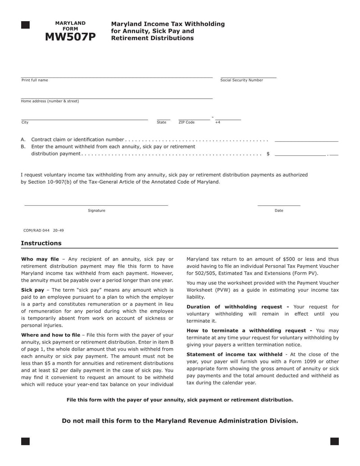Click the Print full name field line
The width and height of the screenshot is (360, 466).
pyautogui.click(x=117, y=77)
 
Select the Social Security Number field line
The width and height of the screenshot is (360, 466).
pyautogui.click(x=248, y=77)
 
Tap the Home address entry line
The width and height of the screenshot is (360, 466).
pyautogui.click(x=117, y=98)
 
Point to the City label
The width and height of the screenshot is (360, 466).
pyautogui.click(x=25, y=122)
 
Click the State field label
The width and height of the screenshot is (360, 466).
pyautogui.click(x=162, y=122)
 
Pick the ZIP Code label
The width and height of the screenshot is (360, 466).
pyautogui.click(x=187, y=122)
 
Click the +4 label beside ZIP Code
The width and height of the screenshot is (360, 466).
pyautogui.click(x=218, y=122)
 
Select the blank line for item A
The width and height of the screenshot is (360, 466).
pyautogui.click(x=306, y=141)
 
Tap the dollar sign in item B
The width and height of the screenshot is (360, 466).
pyautogui.click(x=268, y=154)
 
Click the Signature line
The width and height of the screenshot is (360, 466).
pyautogui.click(x=96, y=205)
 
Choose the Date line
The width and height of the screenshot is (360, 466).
pyautogui.click(x=279, y=205)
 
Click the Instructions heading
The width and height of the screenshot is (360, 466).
pyautogui.click(x=41, y=243)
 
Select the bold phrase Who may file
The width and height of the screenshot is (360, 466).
pyautogui.click(x=40, y=259)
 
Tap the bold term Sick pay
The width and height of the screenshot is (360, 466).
pyautogui.click(x=32, y=290)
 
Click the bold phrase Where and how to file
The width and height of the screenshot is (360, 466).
pyautogui.click(x=50, y=335)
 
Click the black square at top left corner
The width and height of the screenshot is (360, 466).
pyautogui.click(x=26, y=25)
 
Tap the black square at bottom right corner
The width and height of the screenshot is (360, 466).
pyautogui.click(x=334, y=441)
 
